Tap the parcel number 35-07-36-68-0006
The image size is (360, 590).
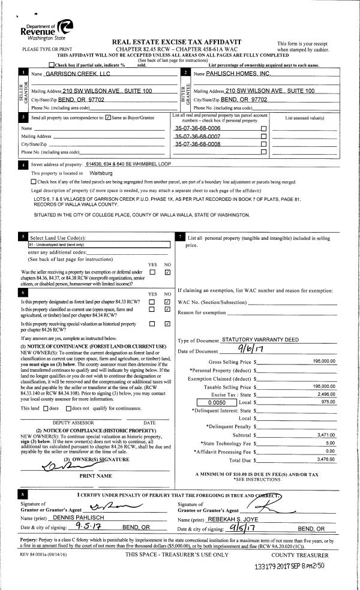point(197,128)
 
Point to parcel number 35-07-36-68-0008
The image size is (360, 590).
point(197,145)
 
